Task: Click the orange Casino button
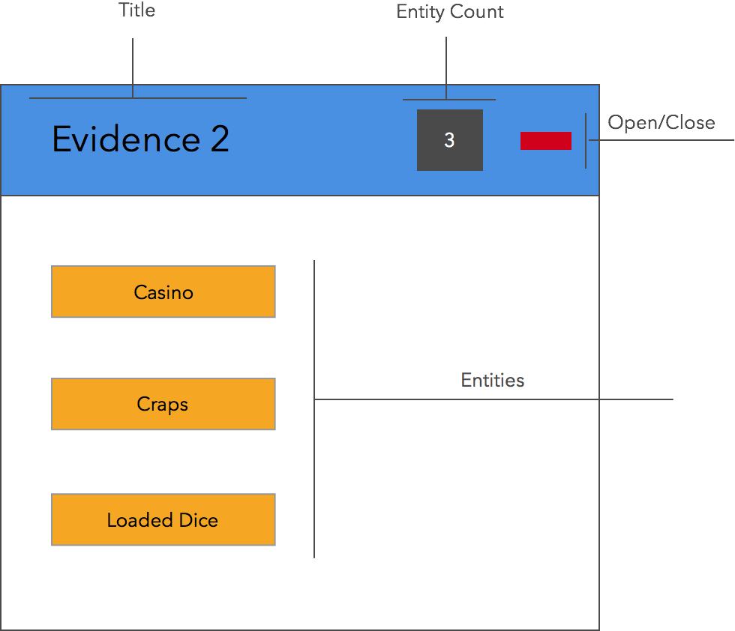163,292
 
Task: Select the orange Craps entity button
163,404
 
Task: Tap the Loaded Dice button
163,519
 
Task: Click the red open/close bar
546,141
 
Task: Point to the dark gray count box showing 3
449,140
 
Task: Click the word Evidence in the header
126,139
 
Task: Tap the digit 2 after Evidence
220,139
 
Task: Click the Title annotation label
136,10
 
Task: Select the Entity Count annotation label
450,12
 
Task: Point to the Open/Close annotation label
661,123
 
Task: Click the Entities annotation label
493,380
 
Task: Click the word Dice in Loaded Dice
199,520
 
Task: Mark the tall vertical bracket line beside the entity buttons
314,409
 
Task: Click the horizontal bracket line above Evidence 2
138,98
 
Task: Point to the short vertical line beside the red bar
586,141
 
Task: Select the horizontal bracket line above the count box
449,100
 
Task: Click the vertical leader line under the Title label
133,68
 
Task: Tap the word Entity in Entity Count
420,12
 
